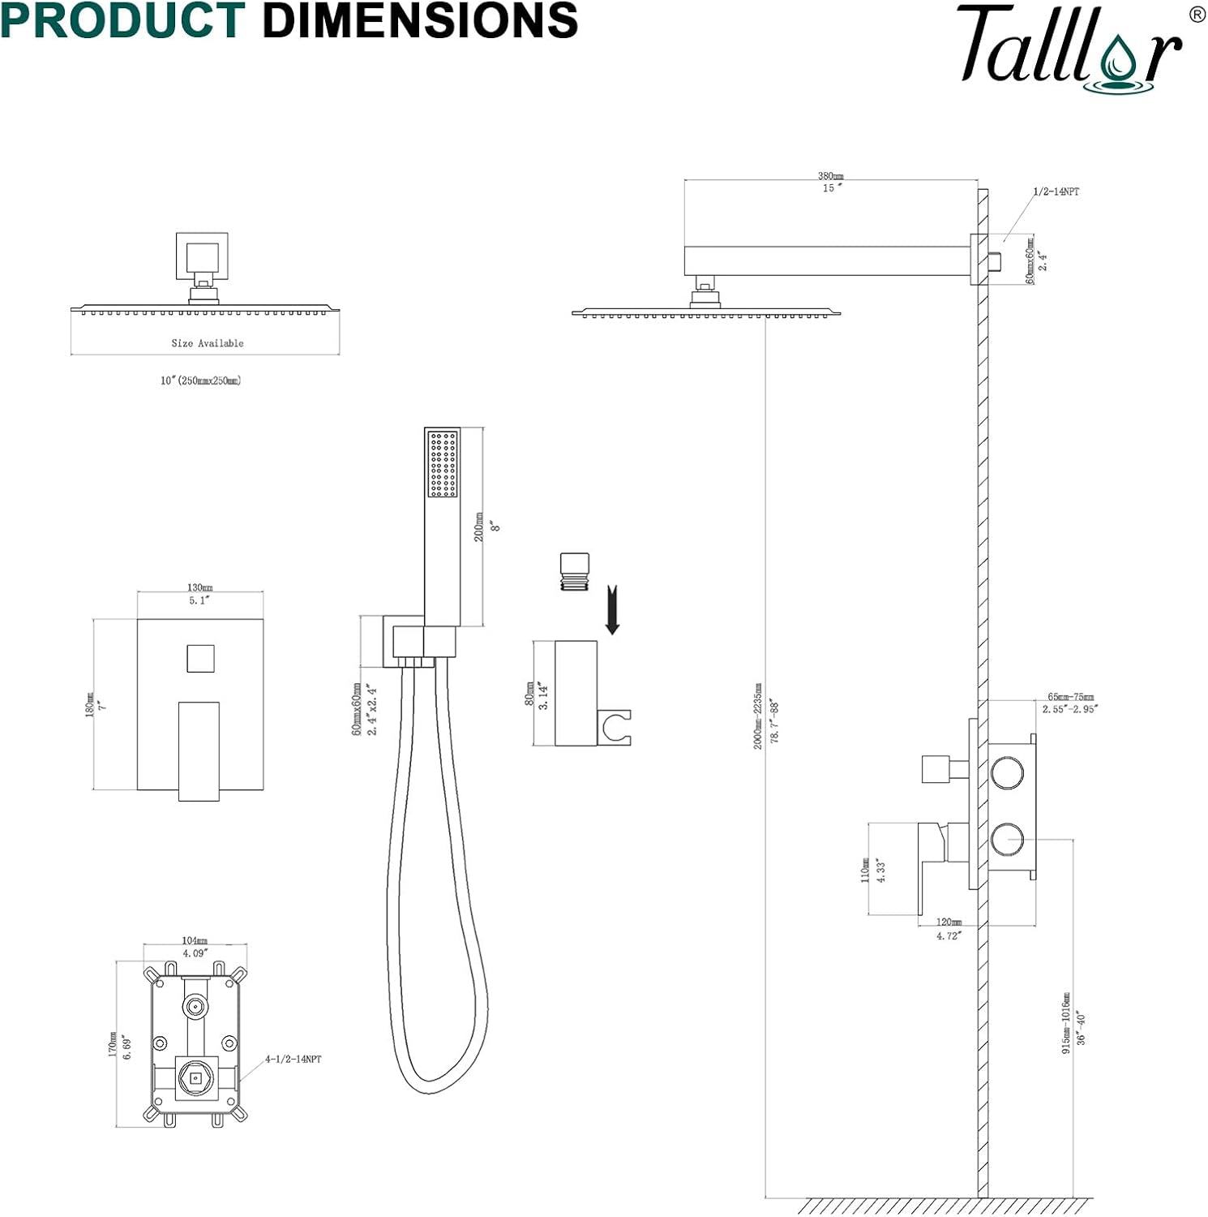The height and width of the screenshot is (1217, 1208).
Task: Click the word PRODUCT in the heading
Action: [122, 20]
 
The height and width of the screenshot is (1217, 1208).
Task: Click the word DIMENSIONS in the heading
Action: [420, 20]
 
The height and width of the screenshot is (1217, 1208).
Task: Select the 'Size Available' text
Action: [208, 343]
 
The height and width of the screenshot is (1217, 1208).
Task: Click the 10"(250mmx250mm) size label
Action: [200, 381]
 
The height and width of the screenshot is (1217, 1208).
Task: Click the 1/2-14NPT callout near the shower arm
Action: [1056, 191]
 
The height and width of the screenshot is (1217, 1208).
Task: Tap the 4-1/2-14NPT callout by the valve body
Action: [293, 1059]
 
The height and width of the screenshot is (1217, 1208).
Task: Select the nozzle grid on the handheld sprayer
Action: [443, 463]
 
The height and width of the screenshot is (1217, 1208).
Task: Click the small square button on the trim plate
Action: [200, 658]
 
